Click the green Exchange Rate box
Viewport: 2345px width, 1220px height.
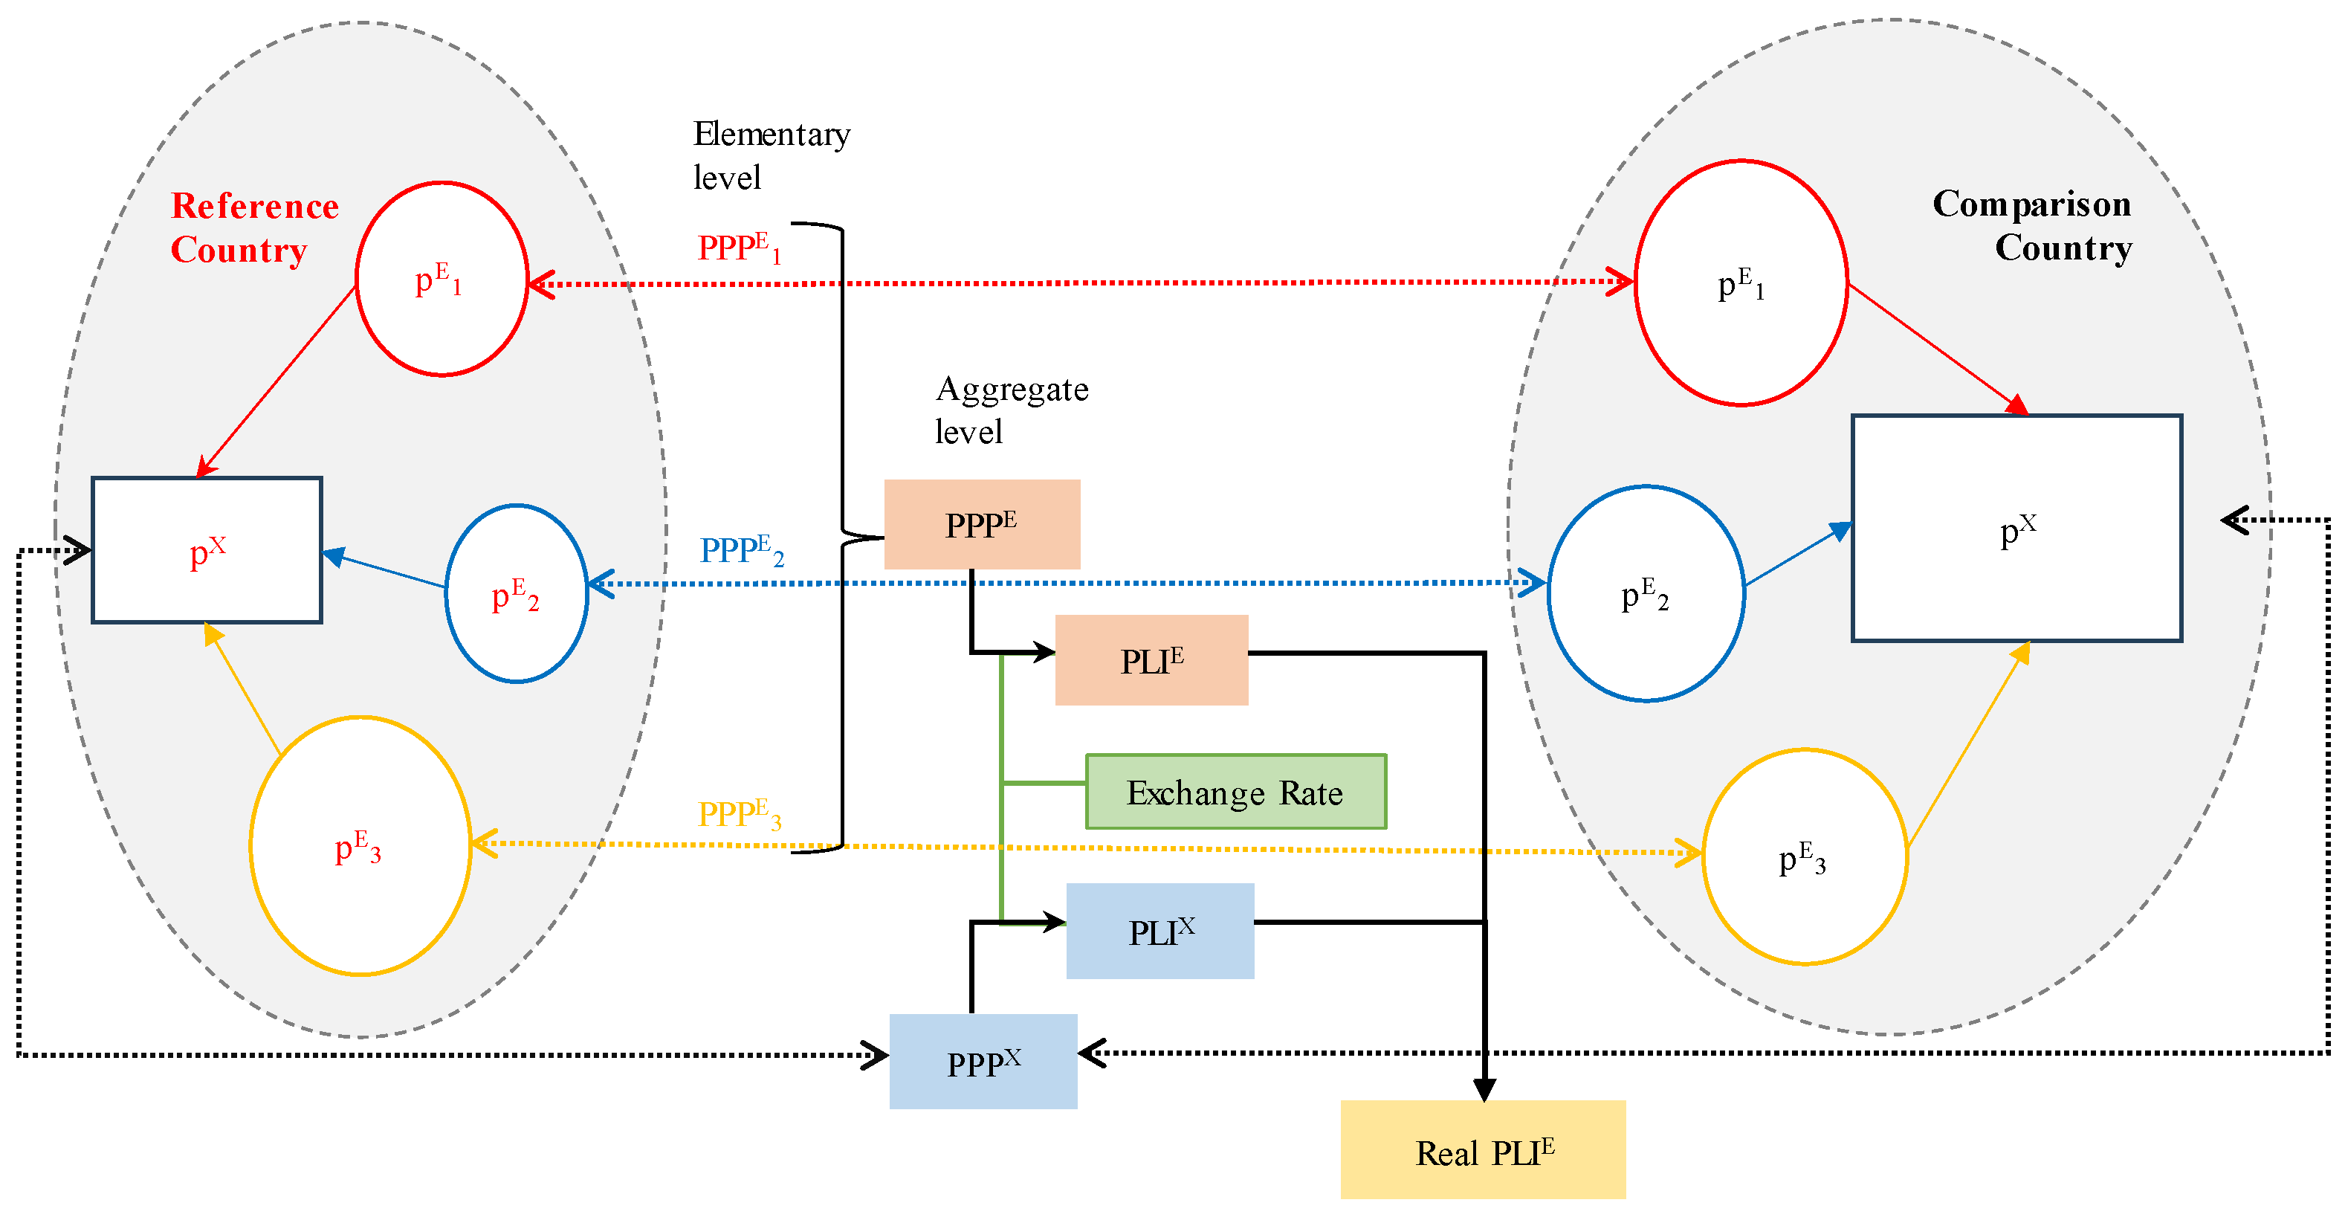1235,791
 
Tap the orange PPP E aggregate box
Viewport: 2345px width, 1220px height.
981,524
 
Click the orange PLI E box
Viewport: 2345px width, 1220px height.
1151,660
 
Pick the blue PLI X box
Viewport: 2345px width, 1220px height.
1159,931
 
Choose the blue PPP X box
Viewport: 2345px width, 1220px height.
983,1061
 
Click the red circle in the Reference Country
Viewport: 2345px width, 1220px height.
441,279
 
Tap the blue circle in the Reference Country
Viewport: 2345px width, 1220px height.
516,593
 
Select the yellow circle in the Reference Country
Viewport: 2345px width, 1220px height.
360,846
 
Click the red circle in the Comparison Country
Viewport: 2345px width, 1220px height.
1740,283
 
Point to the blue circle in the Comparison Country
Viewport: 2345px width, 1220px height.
1645,593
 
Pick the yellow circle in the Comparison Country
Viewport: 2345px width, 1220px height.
1803,856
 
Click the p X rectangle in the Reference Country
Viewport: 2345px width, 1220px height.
207,550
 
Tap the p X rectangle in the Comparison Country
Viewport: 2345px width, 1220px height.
2016,528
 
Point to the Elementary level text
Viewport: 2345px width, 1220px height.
769,155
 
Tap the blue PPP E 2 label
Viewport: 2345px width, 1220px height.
741,550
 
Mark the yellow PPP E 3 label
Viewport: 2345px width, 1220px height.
738,814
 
